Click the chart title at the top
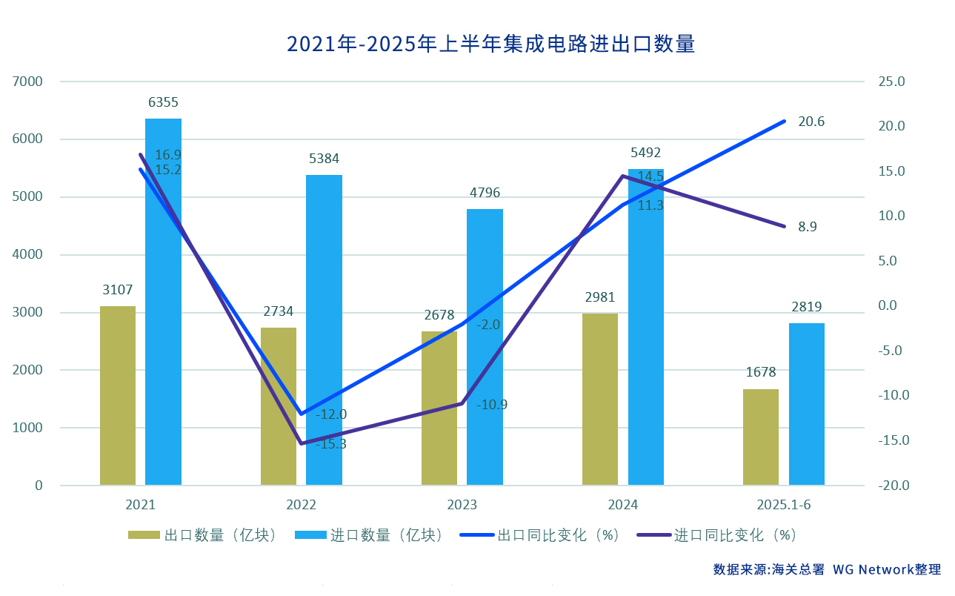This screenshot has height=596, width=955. pos(490,44)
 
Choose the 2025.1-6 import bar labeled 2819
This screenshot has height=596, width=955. pos(806,404)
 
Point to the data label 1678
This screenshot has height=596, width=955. pos(761,372)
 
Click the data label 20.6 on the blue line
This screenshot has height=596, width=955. pos(811,122)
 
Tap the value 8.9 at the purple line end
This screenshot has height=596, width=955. pos(807,227)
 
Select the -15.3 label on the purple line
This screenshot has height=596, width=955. pos(330,444)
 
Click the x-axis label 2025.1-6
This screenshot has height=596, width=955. pos(784,505)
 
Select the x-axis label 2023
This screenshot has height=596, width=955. pos(462,505)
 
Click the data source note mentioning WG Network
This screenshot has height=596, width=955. pos(827,569)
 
